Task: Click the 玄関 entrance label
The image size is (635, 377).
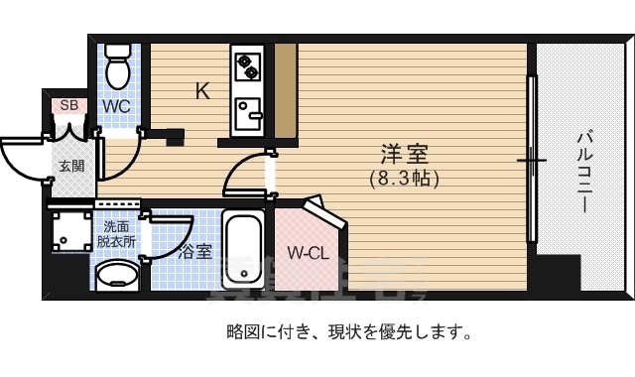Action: pyautogui.click(x=71, y=166)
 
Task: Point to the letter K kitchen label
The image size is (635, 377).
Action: pyautogui.click(x=201, y=92)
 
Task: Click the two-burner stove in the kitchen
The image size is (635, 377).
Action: pyautogui.click(x=246, y=66)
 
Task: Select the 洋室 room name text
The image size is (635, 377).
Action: pyautogui.click(x=404, y=156)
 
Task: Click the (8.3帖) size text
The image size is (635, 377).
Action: pyautogui.click(x=404, y=180)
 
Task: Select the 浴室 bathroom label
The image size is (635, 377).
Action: pyautogui.click(x=195, y=252)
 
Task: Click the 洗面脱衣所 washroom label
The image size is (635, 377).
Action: pyautogui.click(x=117, y=233)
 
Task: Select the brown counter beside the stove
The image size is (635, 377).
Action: pyautogui.click(x=285, y=92)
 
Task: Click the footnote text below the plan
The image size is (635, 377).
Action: pyautogui.click(x=348, y=331)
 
